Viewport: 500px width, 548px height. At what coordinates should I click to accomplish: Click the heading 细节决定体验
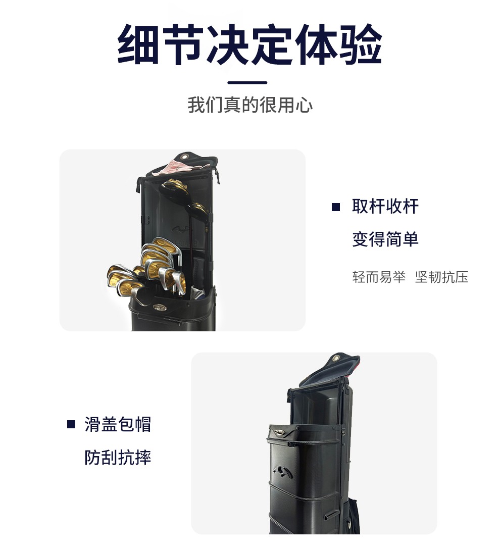(249, 44)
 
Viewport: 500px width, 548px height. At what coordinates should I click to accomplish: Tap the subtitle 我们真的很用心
(250, 105)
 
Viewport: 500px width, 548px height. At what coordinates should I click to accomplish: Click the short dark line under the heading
(247, 83)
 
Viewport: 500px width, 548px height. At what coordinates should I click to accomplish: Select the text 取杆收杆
(385, 206)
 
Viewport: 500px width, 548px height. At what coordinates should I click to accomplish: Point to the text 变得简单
(385, 239)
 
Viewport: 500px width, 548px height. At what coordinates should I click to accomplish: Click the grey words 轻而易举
(379, 277)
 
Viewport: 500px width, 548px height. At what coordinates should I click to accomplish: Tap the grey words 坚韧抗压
(441, 277)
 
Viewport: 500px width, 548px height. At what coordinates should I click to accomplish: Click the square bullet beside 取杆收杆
(336, 207)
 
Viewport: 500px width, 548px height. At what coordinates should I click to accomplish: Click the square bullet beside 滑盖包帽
(71, 424)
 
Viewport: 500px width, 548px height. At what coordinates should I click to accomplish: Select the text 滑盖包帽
(118, 424)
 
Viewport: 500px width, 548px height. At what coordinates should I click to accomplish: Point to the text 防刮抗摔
(118, 458)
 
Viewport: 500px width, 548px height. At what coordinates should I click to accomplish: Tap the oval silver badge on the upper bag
(160, 307)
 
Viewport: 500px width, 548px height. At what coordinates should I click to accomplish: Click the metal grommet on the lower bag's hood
(336, 358)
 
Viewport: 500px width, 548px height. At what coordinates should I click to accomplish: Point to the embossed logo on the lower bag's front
(283, 472)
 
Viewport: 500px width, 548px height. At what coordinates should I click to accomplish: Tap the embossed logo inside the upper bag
(181, 229)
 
